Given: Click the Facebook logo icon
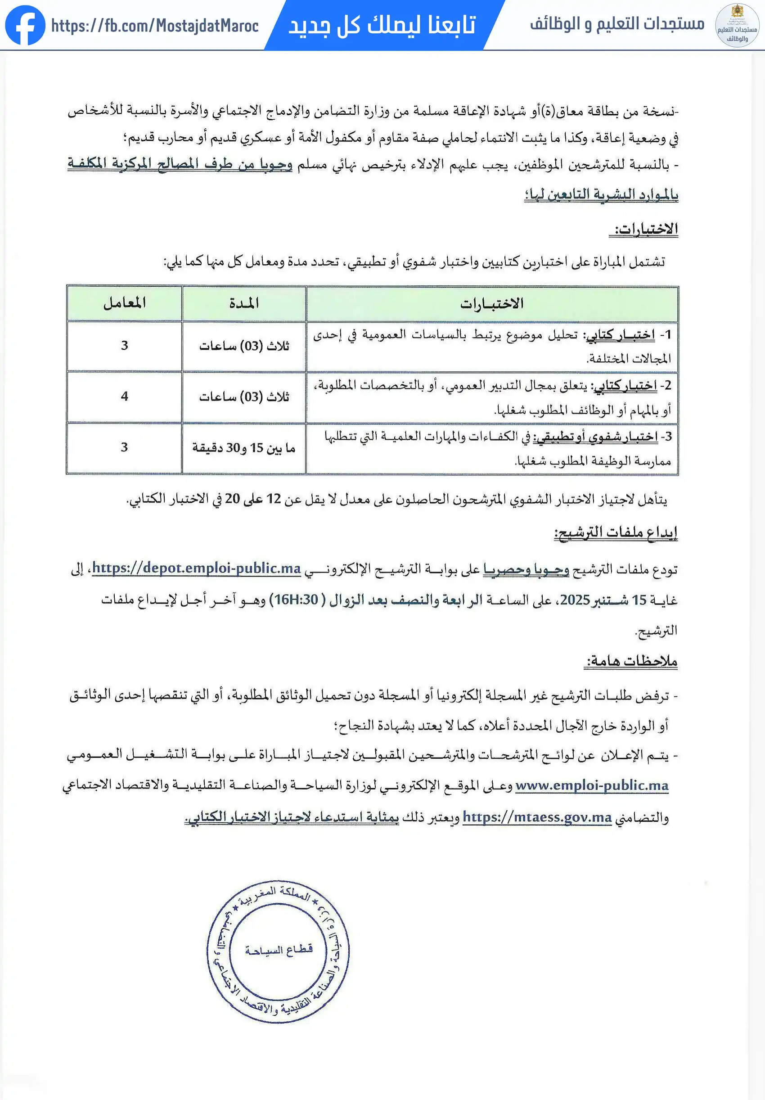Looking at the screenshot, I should (x=25, y=25).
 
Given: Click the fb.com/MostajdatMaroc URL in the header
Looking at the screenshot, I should (x=155, y=25).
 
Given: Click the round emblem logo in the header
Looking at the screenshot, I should (x=737, y=25).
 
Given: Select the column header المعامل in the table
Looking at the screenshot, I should (x=124, y=303).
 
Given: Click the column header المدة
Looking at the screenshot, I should (x=244, y=303).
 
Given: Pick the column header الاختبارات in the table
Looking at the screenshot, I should (x=491, y=303).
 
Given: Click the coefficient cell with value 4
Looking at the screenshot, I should (x=125, y=396).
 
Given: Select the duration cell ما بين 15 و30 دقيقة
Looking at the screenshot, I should (x=244, y=447).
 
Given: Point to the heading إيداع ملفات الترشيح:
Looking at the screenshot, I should (x=616, y=532).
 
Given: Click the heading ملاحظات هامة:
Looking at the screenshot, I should (x=631, y=661).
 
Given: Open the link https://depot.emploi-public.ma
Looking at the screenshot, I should (x=196, y=568).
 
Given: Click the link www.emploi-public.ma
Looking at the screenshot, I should (x=592, y=785).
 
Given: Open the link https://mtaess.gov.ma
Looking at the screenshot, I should (x=537, y=817).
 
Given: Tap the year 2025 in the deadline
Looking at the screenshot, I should (x=574, y=600).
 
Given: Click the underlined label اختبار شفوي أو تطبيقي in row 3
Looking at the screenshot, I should (x=595, y=437).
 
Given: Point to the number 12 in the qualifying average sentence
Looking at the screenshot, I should (x=274, y=499).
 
